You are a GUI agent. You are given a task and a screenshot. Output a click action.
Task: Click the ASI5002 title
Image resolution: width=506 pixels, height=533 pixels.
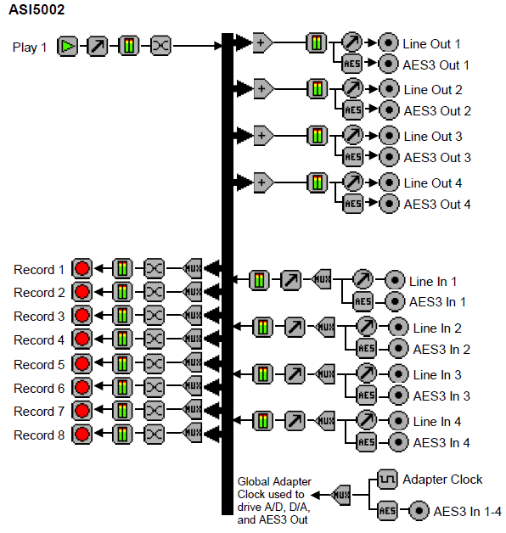pyautogui.click(x=37, y=9)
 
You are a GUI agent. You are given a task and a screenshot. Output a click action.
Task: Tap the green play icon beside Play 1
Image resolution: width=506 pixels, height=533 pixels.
pyautogui.click(x=67, y=46)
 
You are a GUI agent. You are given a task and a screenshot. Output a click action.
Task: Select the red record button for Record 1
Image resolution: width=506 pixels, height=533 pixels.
pyautogui.click(x=82, y=268)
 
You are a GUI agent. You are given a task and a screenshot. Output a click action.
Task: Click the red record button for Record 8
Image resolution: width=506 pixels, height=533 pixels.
pyautogui.click(x=82, y=434)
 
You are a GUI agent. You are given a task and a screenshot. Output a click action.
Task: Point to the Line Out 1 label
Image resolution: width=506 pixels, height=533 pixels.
pyautogui.click(x=431, y=44)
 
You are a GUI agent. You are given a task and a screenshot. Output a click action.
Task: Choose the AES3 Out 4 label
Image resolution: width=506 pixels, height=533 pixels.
pyautogui.click(x=437, y=205)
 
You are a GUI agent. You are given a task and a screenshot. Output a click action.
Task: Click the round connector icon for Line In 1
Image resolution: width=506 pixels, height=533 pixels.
pyautogui.click(x=395, y=280)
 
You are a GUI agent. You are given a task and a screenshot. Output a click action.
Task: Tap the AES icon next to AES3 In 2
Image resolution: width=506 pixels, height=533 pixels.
pyautogui.click(x=367, y=349)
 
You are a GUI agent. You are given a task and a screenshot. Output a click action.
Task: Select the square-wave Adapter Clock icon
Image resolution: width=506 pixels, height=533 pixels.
pyautogui.click(x=387, y=480)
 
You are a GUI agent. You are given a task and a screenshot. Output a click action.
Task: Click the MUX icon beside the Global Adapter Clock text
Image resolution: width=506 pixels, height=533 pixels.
pyautogui.click(x=341, y=495)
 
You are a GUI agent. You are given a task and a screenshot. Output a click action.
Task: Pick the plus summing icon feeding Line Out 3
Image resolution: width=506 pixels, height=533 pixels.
pyautogui.click(x=263, y=136)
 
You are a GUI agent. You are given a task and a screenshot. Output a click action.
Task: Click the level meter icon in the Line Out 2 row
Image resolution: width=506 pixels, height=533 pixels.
pyautogui.click(x=318, y=89)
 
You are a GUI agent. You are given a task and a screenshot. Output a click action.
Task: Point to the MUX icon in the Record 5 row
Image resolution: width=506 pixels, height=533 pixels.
pyautogui.click(x=193, y=362)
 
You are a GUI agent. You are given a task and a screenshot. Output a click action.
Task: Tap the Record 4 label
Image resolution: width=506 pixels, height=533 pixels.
pyautogui.click(x=39, y=340)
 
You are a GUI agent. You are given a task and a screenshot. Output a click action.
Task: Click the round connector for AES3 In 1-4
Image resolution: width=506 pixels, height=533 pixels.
pyautogui.click(x=419, y=511)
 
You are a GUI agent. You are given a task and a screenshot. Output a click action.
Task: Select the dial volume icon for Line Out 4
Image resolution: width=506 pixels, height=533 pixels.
pyautogui.click(x=353, y=182)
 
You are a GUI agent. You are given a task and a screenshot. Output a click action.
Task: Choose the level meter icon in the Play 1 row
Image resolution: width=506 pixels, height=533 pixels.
pyautogui.click(x=129, y=45)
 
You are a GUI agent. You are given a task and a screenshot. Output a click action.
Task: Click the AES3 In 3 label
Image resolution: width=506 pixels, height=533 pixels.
pyautogui.click(x=441, y=396)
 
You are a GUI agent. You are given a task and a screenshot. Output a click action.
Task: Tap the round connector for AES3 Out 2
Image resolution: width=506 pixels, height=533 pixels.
pyautogui.click(x=389, y=110)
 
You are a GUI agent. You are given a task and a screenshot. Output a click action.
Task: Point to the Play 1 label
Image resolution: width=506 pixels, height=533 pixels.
pyautogui.click(x=29, y=48)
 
